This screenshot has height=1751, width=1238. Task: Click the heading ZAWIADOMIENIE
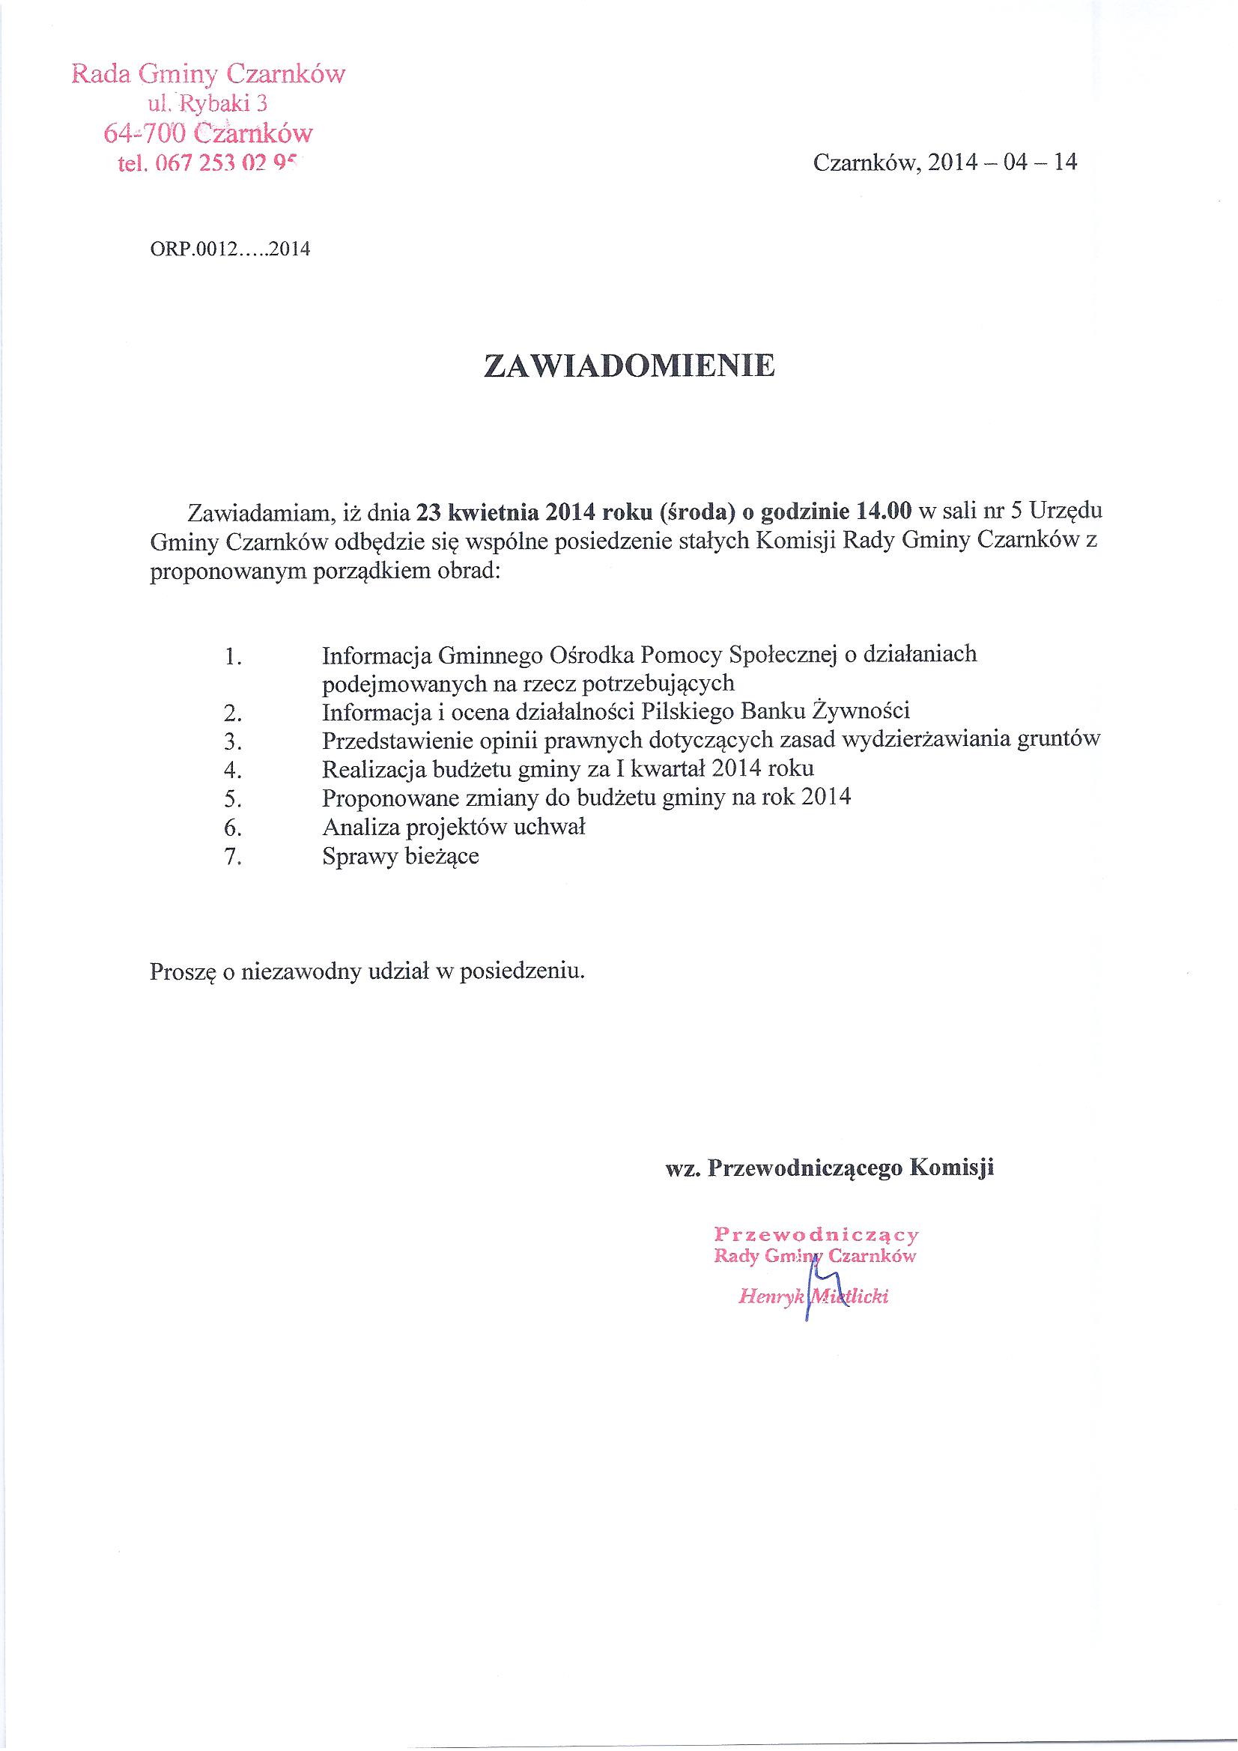[x=629, y=366]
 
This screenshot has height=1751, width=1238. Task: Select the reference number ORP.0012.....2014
[x=231, y=249]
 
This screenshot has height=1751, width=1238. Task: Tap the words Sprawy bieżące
[x=401, y=857]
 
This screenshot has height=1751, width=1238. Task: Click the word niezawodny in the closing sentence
[x=301, y=972]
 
